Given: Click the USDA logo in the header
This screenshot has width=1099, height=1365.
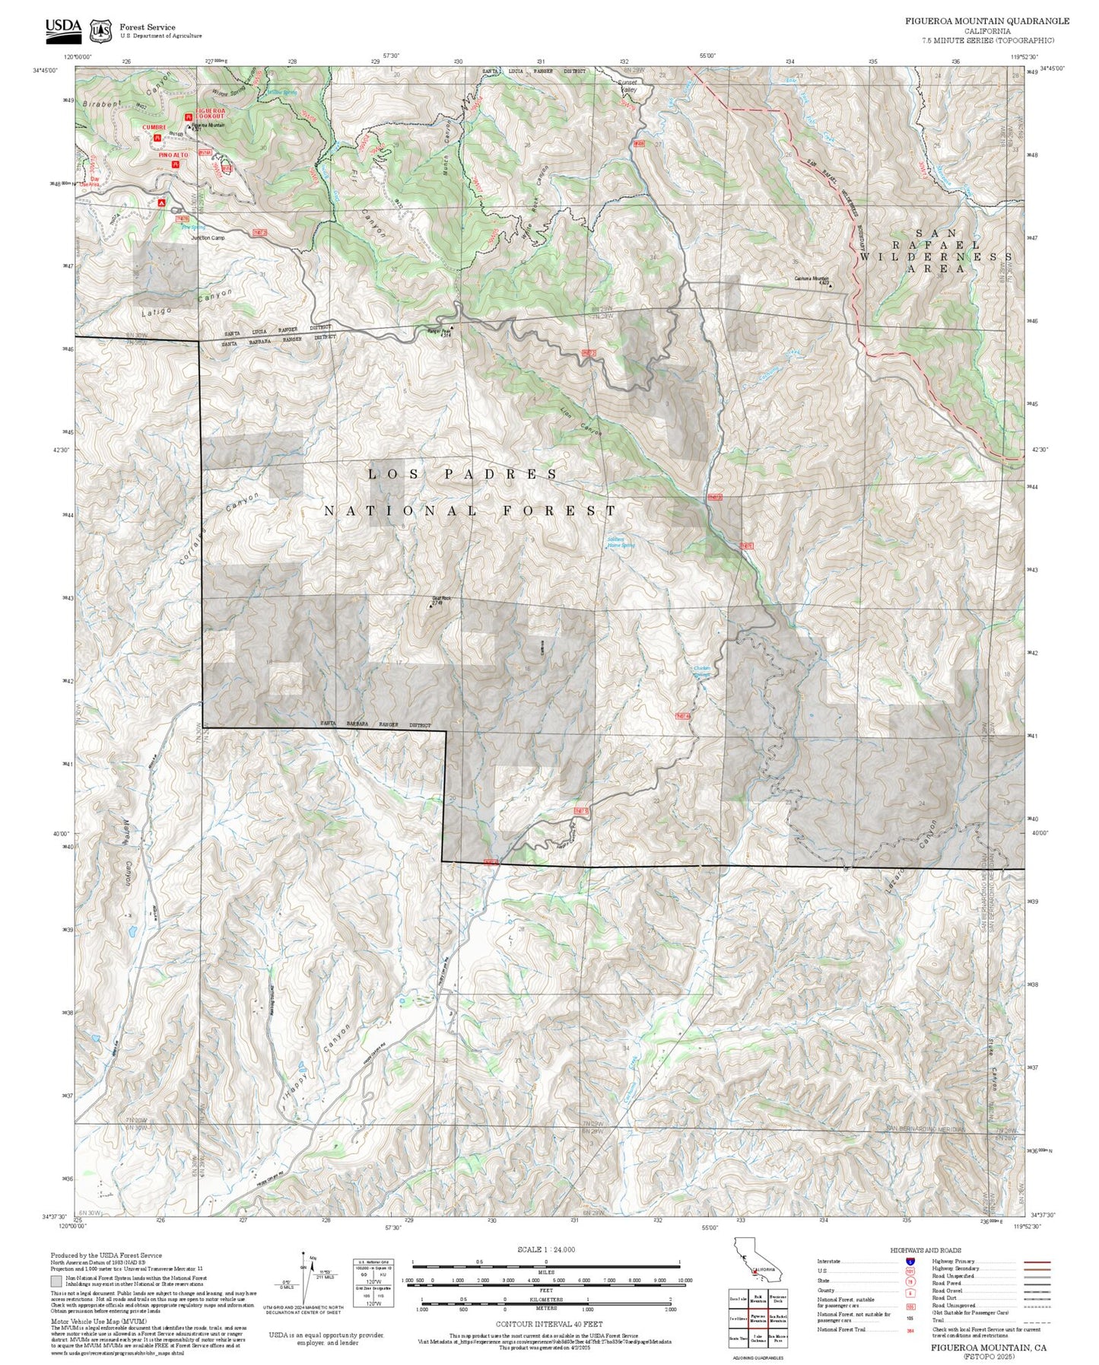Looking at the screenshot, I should point(64,27).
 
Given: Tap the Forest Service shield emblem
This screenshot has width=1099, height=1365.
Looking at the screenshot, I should point(100,30).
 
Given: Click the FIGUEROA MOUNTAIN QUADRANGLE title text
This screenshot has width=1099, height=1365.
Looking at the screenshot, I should point(986,21).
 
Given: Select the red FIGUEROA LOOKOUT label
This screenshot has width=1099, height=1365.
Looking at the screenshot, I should point(210,113).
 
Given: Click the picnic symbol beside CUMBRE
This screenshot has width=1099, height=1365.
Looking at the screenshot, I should point(157,138).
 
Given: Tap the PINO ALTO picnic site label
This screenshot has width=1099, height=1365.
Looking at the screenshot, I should point(174,155).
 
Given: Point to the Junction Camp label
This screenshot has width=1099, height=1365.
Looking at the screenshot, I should point(206,237).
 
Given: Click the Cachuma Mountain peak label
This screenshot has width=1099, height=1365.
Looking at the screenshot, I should point(811,278).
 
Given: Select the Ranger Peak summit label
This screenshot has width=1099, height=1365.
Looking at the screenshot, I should point(439,332).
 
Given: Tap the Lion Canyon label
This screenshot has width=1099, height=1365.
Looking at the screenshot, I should point(581,420).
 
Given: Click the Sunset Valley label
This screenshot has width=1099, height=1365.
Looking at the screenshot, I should point(627,86).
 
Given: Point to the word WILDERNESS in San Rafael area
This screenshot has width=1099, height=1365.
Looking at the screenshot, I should point(936,257).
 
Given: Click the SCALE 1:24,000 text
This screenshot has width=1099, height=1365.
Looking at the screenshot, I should point(545,1249).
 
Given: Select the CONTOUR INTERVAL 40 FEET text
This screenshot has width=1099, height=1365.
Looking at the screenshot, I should point(545,1325).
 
